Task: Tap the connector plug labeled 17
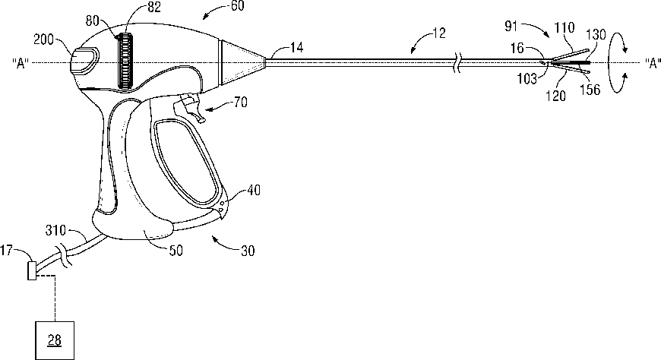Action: click(32, 270)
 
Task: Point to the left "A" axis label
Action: click(21, 62)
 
